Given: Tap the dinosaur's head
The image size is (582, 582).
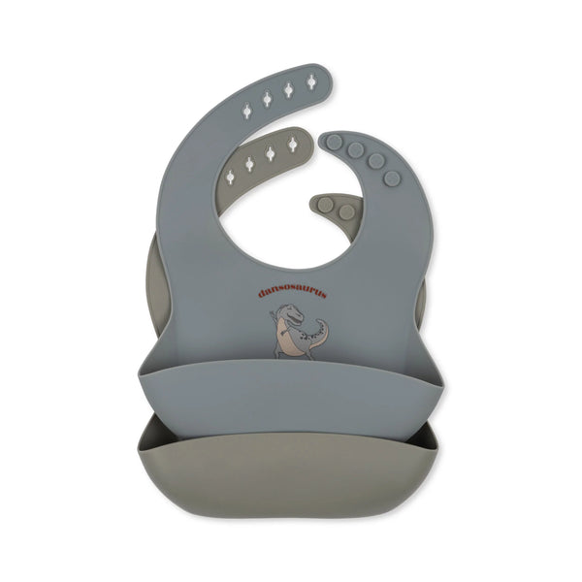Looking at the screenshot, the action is point(292,313).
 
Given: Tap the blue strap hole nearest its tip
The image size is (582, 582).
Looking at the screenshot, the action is point(311,81).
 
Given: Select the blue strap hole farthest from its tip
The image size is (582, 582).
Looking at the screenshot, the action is point(246,110).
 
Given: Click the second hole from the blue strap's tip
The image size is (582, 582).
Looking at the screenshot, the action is point(288,90).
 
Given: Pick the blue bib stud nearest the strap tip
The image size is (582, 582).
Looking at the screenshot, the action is point(335,142).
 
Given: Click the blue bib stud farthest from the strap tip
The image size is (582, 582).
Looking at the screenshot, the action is point(392,178).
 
